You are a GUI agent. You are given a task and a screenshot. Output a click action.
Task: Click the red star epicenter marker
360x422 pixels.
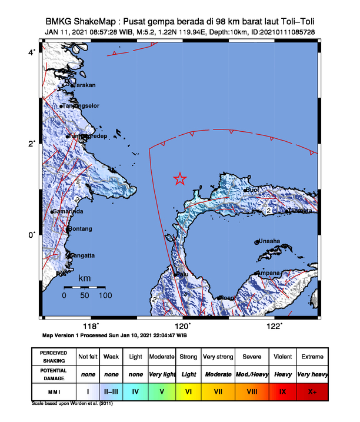[x=180, y=180]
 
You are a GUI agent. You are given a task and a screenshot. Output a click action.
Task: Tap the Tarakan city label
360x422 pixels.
[x=84, y=85]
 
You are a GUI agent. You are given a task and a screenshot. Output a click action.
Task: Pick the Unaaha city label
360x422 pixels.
[x=269, y=241]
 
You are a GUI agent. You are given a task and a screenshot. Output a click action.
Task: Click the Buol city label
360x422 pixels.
[x=252, y=190]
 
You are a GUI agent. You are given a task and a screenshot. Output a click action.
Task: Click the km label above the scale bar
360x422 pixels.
[x=85, y=278]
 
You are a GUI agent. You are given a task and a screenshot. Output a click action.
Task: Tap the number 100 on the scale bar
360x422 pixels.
[x=105, y=296]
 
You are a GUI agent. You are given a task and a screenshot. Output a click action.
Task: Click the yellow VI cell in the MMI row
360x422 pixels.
[x=189, y=391]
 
